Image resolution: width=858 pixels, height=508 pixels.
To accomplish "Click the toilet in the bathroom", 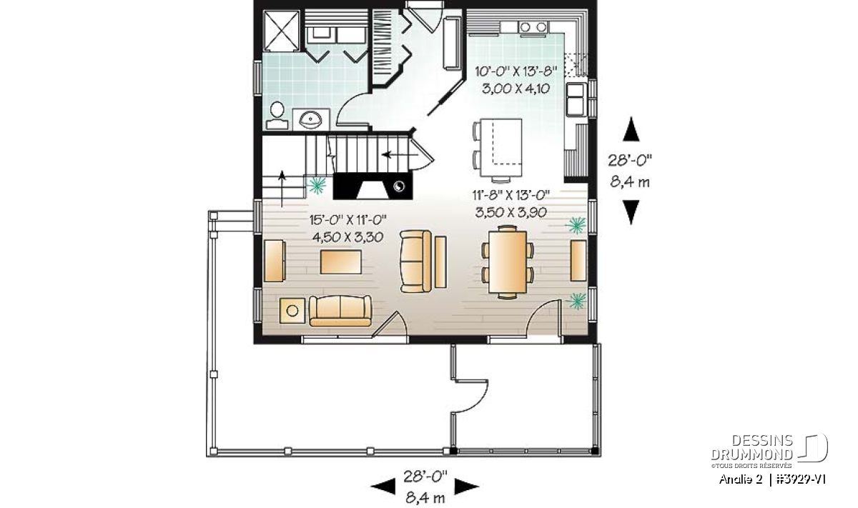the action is coord(277,116).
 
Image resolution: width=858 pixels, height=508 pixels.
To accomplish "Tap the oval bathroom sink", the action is coord(310,121).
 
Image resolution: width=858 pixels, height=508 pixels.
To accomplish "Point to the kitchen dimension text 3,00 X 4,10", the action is coord(516,89).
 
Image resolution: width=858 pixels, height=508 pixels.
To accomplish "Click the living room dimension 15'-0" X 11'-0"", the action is coord(347,220).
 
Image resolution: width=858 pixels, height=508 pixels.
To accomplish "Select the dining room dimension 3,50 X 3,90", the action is coord(511,212).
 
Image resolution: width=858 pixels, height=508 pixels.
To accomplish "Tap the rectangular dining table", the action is coord(508,262).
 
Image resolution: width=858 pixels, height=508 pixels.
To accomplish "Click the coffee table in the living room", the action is coord(340,262).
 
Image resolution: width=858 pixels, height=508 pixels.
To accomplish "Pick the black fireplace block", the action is coord(373,186).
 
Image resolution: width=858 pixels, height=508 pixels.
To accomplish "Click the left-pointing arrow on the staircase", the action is coord(400,154).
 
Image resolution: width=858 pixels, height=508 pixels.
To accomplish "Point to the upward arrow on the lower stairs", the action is coord(282,189).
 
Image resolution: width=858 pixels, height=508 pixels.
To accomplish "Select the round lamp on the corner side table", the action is coord(292,311).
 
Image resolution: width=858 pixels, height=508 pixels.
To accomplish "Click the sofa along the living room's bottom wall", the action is coord(340,311).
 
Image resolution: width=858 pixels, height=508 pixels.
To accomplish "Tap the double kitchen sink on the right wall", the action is coord(576,99).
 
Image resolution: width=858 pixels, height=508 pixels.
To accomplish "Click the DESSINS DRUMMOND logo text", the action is coord(752,447).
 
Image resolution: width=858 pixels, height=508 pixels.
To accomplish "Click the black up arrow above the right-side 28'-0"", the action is coord(631,129).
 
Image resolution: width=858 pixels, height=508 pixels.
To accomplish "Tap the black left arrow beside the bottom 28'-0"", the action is coord(383,487).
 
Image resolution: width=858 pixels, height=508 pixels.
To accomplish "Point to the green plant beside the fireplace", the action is coord(317,185).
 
